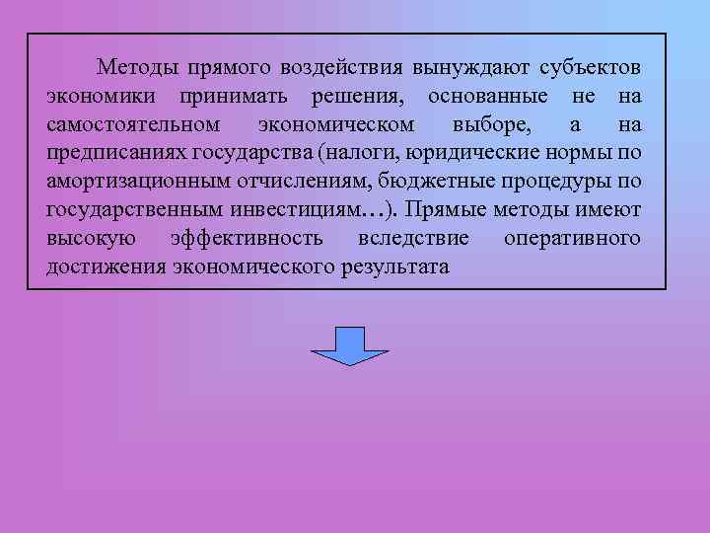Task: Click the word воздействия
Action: coord(342,68)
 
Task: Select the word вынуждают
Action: coord(471,68)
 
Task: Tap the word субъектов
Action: coord(590,68)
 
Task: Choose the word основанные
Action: coord(483,97)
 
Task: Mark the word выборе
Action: coord(489,125)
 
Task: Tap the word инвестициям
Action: coord(296,211)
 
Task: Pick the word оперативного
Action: coord(571,240)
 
